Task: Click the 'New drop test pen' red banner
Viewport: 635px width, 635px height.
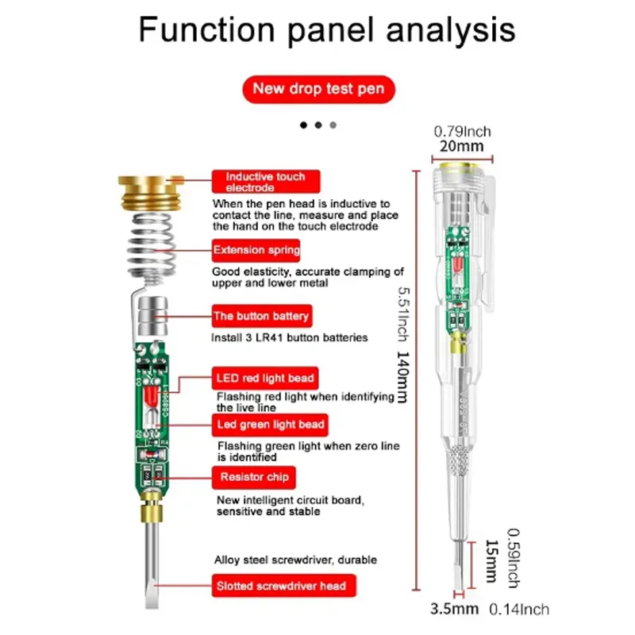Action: (317, 88)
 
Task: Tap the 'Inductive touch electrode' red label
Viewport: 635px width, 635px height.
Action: (258, 182)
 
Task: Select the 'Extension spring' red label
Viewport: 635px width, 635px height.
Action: (256, 251)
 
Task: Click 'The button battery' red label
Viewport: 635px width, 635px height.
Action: (260, 316)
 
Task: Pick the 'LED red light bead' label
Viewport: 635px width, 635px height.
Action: (265, 377)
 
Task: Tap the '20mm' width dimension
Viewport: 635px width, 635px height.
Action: (462, 147)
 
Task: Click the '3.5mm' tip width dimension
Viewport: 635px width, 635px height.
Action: (454, 610)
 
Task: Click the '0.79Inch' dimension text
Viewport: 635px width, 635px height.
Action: (462, 131)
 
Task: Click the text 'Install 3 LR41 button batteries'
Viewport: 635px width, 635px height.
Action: (289, 337)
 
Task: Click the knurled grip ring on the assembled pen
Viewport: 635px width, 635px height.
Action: (461, 461)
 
